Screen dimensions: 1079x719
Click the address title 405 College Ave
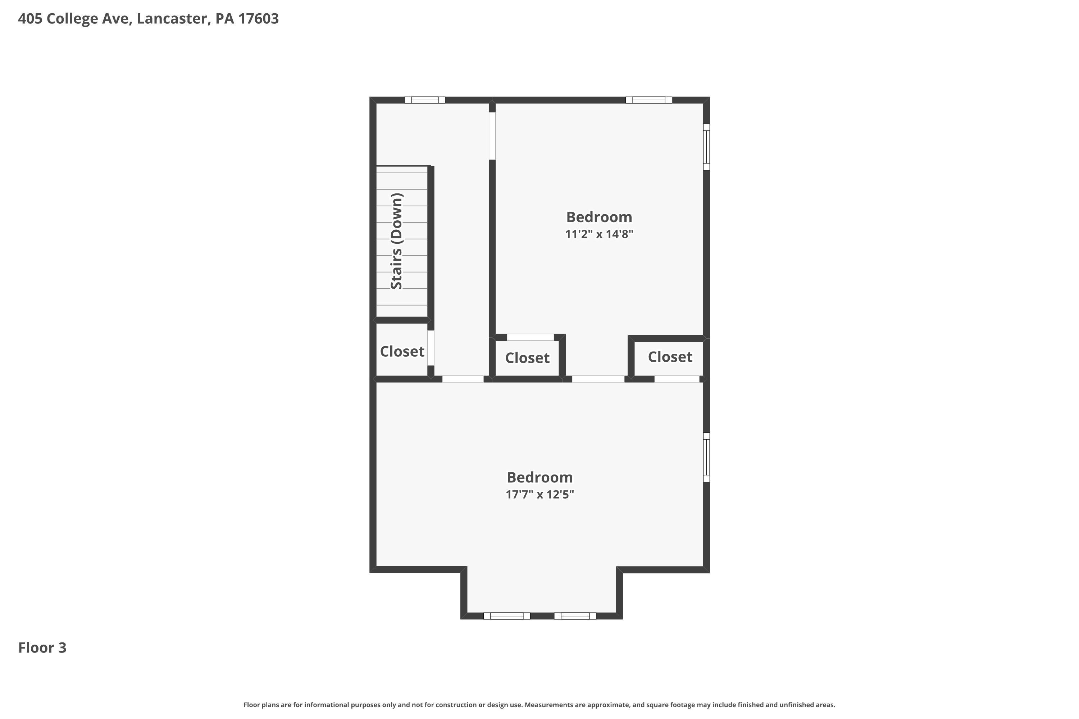(148, 19)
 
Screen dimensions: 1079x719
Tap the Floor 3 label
(42, 648)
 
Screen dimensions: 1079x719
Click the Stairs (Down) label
(396, 241)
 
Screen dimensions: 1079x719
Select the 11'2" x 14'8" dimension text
(599, 234)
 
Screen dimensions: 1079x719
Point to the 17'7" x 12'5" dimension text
(540, 495)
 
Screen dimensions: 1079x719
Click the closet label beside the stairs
(402, 352)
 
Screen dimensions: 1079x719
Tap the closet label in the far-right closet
(670, 357)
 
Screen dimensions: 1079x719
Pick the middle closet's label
(527, 358)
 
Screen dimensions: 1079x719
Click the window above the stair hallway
(425, 100)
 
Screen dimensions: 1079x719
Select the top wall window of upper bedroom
(649, 100)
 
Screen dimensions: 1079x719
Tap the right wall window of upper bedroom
(706, 147)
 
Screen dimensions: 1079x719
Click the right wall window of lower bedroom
(706, 458)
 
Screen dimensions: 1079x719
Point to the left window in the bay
(507, 616)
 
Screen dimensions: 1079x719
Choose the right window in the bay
(575, 616)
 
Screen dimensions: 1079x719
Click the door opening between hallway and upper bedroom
(492, 136)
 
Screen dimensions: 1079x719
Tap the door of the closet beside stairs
(431, 348)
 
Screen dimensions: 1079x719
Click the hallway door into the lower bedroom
(463, 379)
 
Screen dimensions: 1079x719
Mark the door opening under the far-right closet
(677, 379)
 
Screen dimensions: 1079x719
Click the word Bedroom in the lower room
(540, 478)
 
